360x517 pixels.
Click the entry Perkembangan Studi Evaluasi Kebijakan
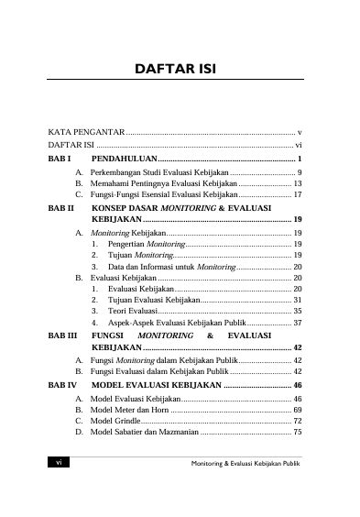click(161, 172)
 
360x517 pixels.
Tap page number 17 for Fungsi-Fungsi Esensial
click(298, 196)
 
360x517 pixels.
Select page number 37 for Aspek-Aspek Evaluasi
click(298, 324)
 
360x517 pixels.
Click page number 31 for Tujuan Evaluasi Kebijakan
click(298, 299)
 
